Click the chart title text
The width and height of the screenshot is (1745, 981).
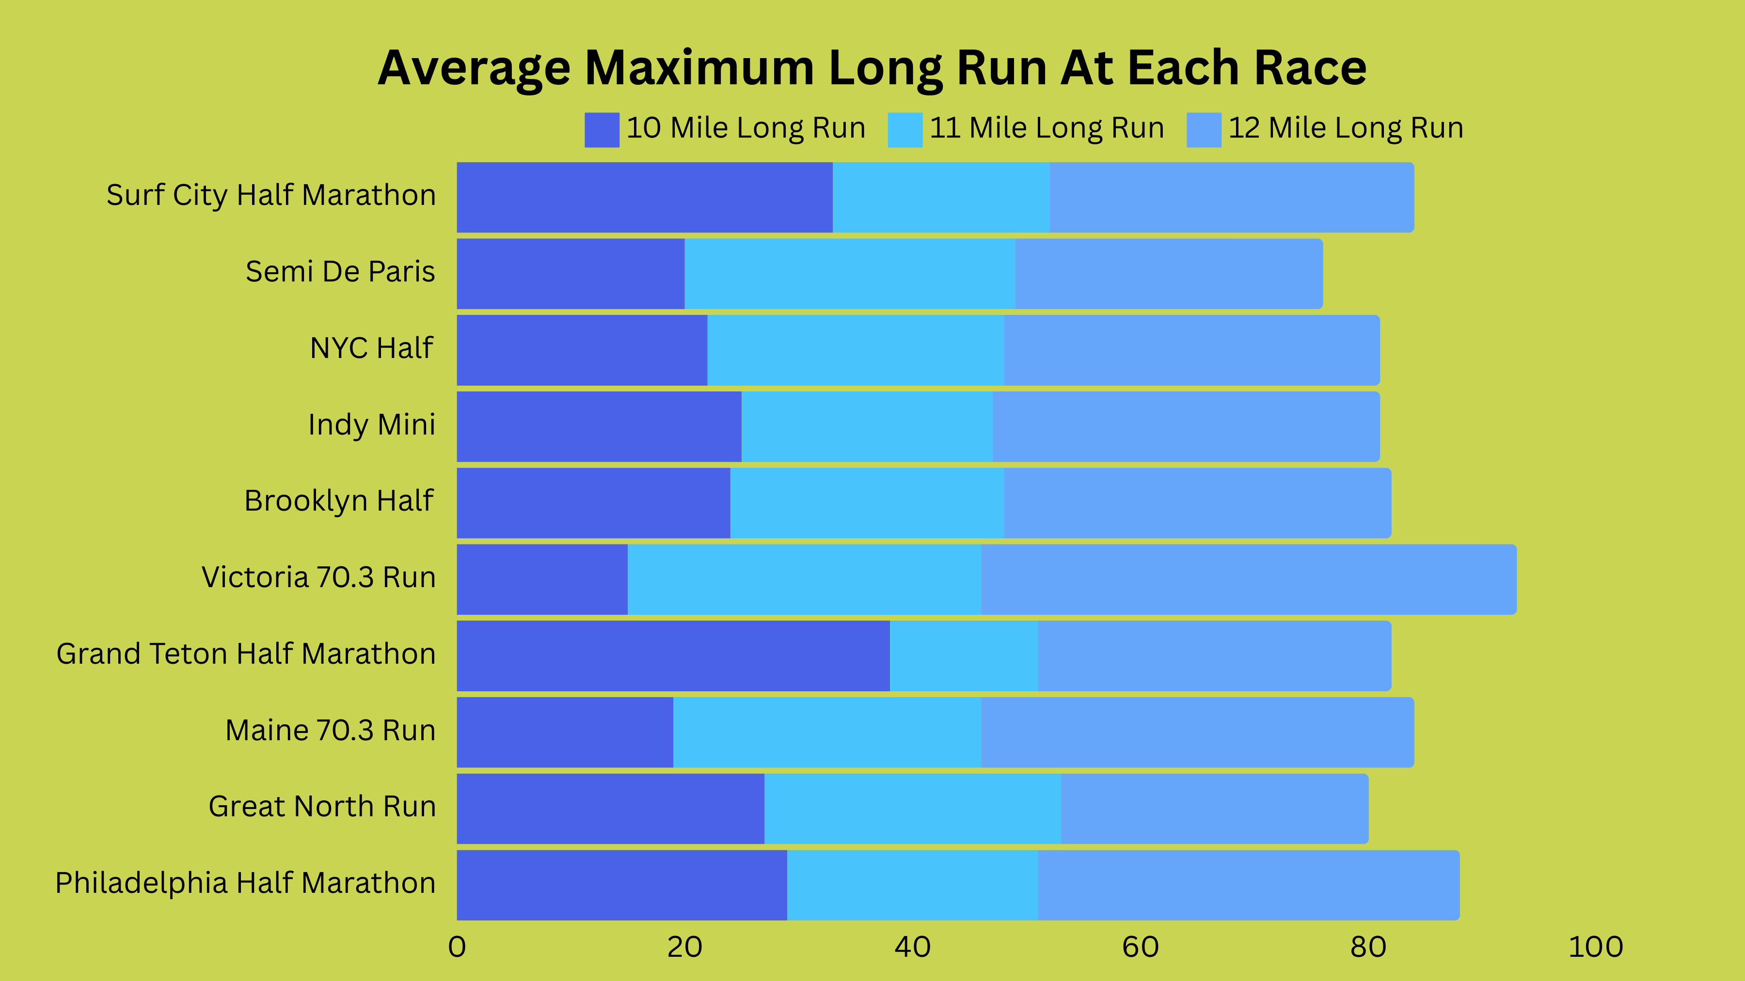pyautogui.click(x=872, y=68)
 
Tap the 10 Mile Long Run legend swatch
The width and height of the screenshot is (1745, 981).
pyautogui.click(x=602, y=129)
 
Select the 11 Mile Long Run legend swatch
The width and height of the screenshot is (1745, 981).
pyautogui.click(x=905, y=129)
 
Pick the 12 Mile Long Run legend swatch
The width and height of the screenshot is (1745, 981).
pyautogui.click(x=1204, y=129)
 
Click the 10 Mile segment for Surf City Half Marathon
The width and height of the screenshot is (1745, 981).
pyautogui.click(x=644, y=197)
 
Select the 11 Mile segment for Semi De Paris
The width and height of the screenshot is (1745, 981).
pyautogui.click(x=849, y=274)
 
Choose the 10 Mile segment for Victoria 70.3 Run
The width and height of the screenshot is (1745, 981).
pyautogui.click(x=542, y=579)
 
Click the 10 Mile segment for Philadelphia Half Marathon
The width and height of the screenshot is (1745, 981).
pyautogui.click(x=622, y=885)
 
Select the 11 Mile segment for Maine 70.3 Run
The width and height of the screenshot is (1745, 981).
pyautogui.click(x=826, y=732)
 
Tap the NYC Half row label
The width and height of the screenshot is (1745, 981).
pyautogui.click(x=371, y=348)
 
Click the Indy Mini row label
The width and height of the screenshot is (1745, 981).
pyautogui.click(x=371, y=424)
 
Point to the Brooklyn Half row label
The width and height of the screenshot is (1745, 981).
pyautogui.click(x=339, y=501)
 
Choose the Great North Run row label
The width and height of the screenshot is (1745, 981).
pyautogui.click(x=322, y=806)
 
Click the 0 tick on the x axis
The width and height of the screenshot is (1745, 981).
pyautogui.click(x=457, y=947)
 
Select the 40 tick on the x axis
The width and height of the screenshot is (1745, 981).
pyautogui.click(x=912, y=947)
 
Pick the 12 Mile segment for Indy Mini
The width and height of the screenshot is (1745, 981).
pyautogui.click(x=1186, y=426)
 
